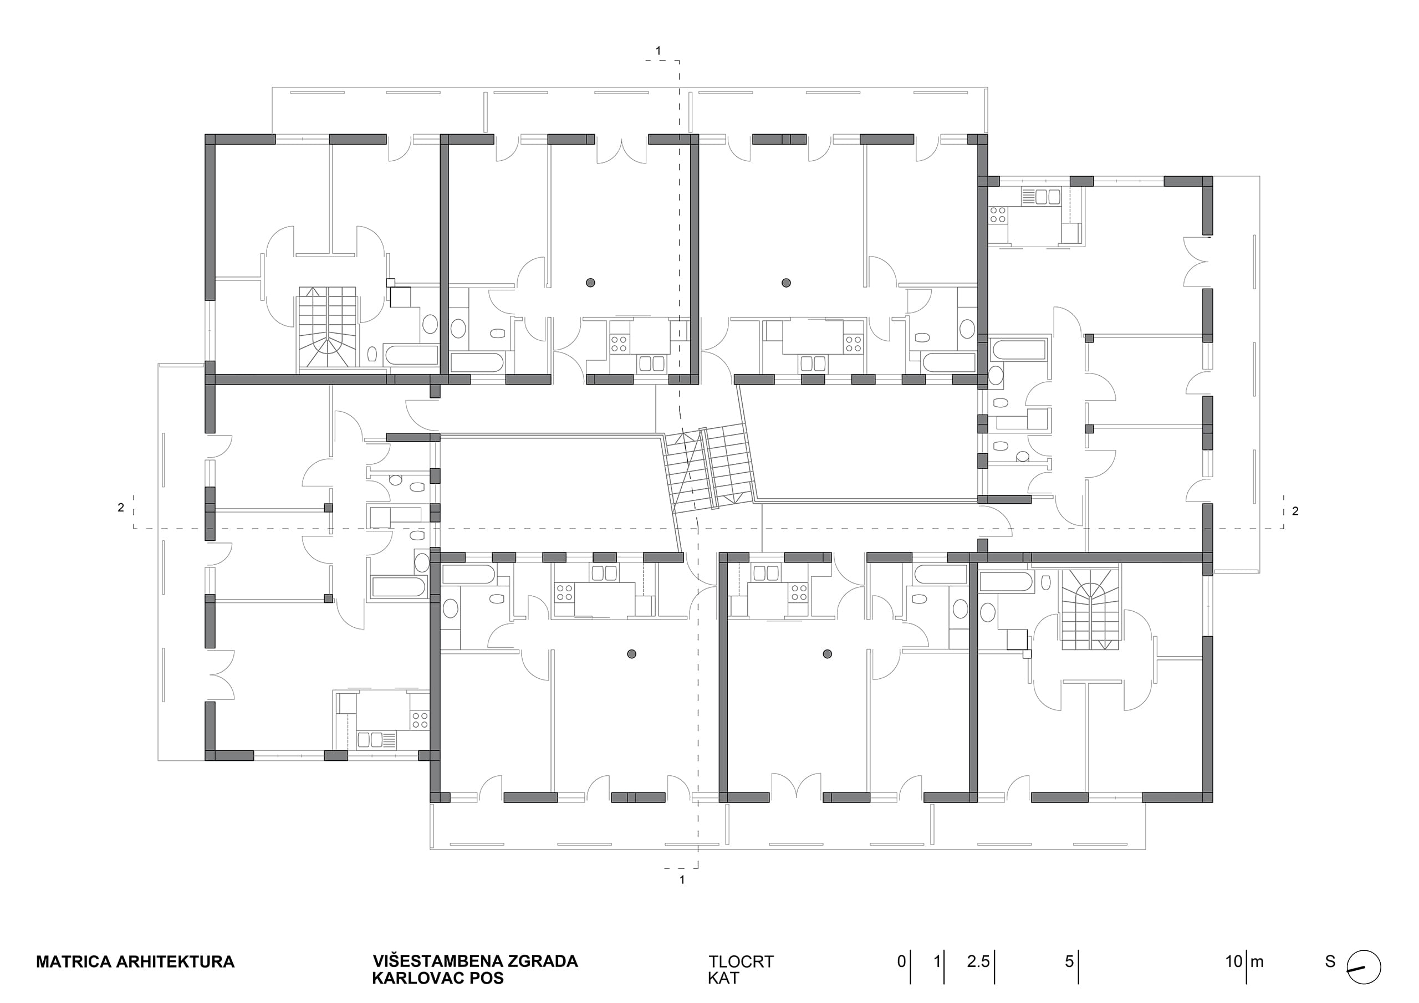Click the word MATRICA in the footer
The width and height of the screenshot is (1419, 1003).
74,962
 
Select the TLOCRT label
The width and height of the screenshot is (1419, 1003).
741,962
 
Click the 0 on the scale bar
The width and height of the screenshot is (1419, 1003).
902,961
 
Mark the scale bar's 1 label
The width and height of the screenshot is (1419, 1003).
937,961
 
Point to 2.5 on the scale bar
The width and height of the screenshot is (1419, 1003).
978,961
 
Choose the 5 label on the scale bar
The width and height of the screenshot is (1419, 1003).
1069,961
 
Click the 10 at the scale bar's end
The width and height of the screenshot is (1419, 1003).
1234,961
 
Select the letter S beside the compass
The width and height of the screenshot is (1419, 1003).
1331,961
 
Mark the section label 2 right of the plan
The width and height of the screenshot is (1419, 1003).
1295,511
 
